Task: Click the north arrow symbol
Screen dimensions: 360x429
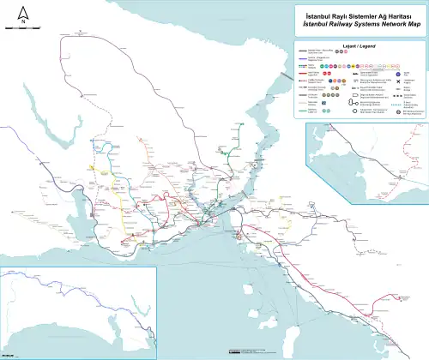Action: coord(23,11)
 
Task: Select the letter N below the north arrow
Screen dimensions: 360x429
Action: coord(23,22)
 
